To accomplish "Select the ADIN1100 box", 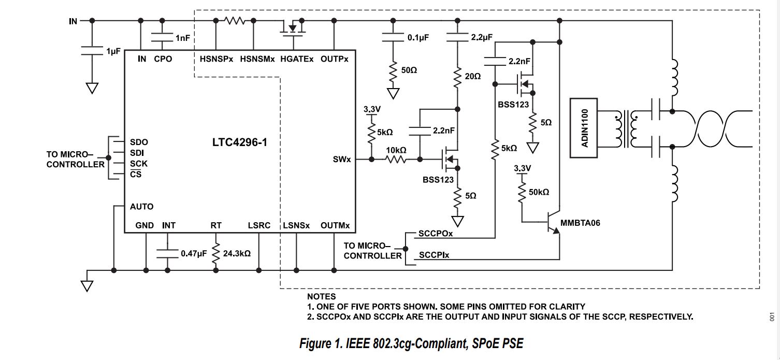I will point(584,127).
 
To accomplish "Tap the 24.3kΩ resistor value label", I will point(237,254).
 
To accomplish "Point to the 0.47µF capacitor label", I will point(193,254).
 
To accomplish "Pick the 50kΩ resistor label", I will point(539,192).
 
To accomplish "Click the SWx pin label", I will point(342,159).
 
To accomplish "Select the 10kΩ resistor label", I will point(395,150).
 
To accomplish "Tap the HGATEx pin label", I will point(297,59).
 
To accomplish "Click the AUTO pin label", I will point(141,207).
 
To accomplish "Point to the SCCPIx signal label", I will point(435,255).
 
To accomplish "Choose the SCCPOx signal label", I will point(436,234).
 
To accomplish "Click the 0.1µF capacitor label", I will point(418,38).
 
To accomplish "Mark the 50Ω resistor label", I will point(409,69).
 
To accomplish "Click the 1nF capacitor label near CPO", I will point(182,38).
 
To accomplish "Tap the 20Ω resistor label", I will point(473,76).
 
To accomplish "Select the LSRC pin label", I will point(259,225).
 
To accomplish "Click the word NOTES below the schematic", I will point(321,297).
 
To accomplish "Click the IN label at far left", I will point(73,21).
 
